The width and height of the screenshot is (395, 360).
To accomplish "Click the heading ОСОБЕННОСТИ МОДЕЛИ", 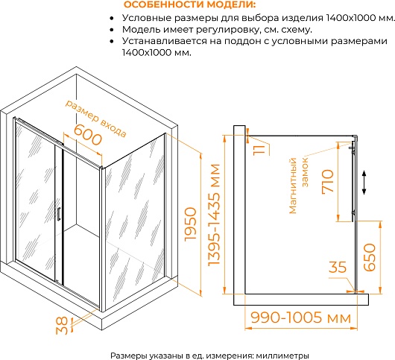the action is [190, 4].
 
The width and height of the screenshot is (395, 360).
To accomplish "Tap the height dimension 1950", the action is [191, 224].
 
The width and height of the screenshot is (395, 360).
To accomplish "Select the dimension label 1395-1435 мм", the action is [214, 215].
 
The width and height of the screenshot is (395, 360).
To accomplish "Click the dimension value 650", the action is [370, 257].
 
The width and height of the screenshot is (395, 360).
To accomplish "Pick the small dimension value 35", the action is [338, 267].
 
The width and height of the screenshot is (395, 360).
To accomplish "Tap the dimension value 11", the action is [259, 150].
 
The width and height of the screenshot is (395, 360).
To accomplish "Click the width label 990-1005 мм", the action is [301, 318].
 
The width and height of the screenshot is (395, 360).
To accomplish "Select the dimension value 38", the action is [62, 326].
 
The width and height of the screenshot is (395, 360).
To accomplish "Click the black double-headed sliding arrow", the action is [364, 183].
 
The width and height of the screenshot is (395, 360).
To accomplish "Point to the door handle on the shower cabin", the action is [58, 214].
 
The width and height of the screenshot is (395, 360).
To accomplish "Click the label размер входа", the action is [95, 119].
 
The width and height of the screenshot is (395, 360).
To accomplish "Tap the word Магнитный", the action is [293, 186].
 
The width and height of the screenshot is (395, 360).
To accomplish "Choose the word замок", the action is [305, 173].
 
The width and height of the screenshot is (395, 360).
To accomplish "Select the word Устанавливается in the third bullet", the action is [165, 41].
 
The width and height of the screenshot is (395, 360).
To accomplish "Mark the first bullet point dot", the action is [112, 19].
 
